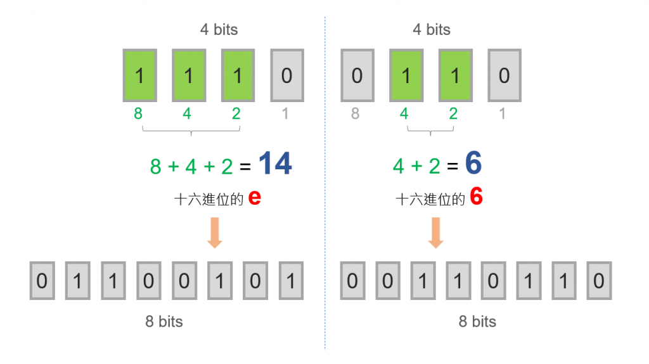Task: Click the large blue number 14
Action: point(275,164)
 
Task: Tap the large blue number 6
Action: point(473,164)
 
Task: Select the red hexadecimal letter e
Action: point(255,197)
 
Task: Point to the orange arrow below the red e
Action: point(215,233)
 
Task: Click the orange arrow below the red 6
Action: point(435,233)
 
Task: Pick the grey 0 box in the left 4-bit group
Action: point(286,75)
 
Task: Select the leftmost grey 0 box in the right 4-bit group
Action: point(357,75)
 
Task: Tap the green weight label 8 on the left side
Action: point(138,114)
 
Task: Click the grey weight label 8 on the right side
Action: point(355,114)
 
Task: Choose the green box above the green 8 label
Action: point(139,75)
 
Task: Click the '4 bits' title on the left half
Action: point(218,30)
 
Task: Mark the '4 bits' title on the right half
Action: point(431,30)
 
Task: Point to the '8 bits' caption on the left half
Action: point(164,322)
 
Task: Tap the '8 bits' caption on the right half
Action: point(477,322)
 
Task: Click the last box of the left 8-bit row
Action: point(291,280)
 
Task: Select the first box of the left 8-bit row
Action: point(42,280)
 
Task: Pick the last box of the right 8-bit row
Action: point(599,280)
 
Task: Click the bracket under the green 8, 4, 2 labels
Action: point(191,131)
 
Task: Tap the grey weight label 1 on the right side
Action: point(503,114)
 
